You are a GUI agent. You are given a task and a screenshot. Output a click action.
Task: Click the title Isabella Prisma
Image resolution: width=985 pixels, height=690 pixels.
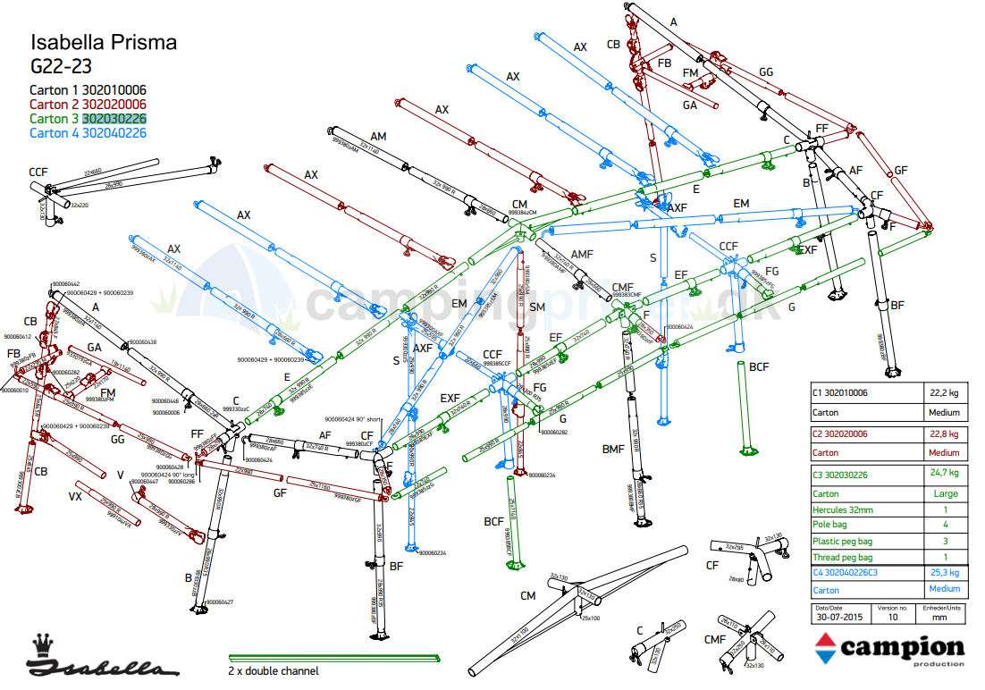[x=104, y=42]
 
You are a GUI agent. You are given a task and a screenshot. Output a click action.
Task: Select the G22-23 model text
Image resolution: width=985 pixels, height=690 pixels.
[x=62, y=65]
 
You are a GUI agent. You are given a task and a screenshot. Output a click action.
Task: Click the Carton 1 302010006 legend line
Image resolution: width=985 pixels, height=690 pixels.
[x=88, y=90]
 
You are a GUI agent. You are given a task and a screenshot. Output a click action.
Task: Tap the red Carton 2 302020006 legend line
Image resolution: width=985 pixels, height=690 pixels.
[x=88, y=104]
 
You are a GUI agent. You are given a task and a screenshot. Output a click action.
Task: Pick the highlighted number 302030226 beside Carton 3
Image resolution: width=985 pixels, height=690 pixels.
[x=114, y=118]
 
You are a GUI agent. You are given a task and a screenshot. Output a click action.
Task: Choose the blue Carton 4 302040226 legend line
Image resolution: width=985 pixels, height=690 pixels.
[x=88, y=132]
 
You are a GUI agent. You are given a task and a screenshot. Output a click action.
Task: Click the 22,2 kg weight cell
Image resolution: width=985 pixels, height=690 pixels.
[x=944, y=392]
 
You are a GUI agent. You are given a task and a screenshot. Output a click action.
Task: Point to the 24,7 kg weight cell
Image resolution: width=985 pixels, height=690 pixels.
[x=944, y=473]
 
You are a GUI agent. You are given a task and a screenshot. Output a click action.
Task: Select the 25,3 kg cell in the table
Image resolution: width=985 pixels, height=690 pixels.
[x=944, y=573]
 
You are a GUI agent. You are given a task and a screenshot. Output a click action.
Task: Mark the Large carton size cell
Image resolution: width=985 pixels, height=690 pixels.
[x=945, y=493]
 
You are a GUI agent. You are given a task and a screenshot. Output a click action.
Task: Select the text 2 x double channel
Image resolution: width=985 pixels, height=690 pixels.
[x=273, y=671]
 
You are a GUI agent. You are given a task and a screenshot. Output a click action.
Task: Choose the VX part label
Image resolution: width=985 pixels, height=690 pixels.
[x=76, y=495]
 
